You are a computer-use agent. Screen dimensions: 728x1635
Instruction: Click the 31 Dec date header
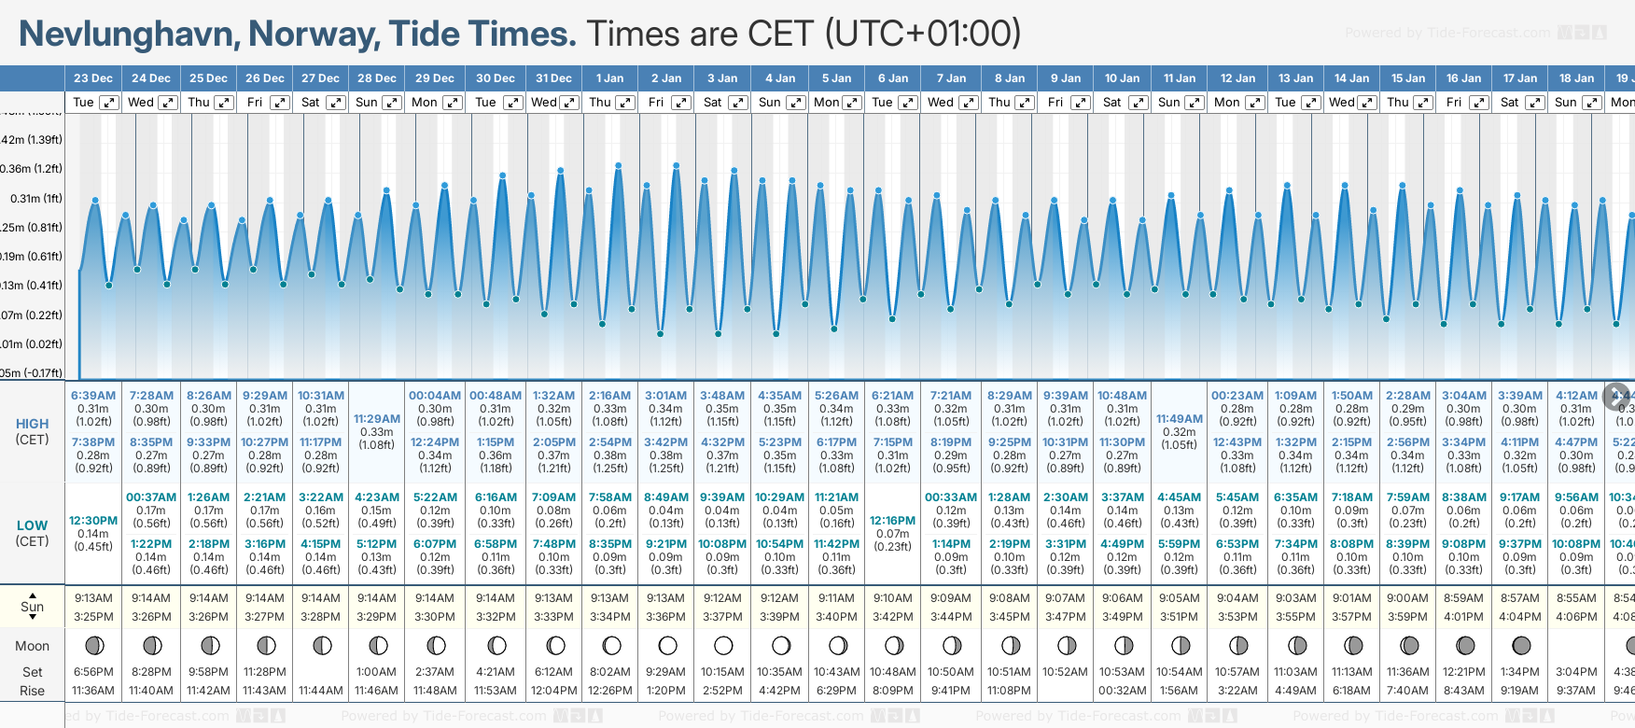pos(553,78)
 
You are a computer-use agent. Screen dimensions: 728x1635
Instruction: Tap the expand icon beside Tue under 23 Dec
pos(109,103)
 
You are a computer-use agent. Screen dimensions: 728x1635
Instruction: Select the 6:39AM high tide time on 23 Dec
pos(93,396)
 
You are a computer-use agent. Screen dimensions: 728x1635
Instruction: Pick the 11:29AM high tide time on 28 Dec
pos(377,419)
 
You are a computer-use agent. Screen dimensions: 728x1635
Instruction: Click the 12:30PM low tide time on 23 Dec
pos(93,521)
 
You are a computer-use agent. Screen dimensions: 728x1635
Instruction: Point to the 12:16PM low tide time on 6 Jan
pos(892,521)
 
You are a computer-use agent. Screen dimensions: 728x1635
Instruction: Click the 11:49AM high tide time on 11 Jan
pos(1179,419)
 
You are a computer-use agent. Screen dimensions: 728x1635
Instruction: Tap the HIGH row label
pos(32,424)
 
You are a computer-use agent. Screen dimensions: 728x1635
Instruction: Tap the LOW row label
pos(32,525)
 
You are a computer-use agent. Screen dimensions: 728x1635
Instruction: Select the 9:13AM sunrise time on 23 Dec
pos(93,598)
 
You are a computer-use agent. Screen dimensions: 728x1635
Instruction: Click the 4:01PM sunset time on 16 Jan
pos(1463,617)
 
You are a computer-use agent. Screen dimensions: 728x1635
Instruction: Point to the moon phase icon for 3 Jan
pos(723,645)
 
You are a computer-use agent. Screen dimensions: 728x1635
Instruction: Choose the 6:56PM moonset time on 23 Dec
pos(93,672)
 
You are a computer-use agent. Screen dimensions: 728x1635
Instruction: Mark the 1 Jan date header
pos(609,78)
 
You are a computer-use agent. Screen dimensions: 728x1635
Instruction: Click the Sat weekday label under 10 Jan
pos(1111,103)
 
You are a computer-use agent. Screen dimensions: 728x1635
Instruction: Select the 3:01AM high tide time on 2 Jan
pos(665,396)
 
